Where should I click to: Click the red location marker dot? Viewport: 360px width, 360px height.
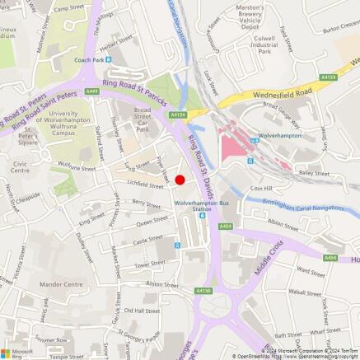tap(180, 180)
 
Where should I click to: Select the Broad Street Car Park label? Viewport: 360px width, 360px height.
tap(143, 119)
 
